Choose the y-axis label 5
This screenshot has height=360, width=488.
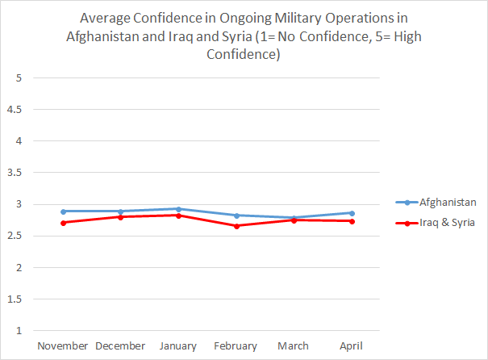tap(17, 77)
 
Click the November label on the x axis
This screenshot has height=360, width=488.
tap(63, 345)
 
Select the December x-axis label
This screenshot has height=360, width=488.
tap(120, 345)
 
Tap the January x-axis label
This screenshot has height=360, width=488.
tap(178, 345)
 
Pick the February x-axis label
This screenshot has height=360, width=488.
tap(236, 345)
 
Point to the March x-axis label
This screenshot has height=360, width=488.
tap(293, 345)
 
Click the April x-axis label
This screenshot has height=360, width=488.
tap(351, 345)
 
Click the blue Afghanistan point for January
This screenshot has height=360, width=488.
tap(178, 209)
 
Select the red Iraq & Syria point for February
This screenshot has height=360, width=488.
tap(236, 226)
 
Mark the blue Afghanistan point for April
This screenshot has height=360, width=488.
tap(351, 213)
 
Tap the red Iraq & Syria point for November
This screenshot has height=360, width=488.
tap(63, 223)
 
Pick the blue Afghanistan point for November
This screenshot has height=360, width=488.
tap(63, 211)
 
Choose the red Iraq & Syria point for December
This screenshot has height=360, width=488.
tap(121, 217)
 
